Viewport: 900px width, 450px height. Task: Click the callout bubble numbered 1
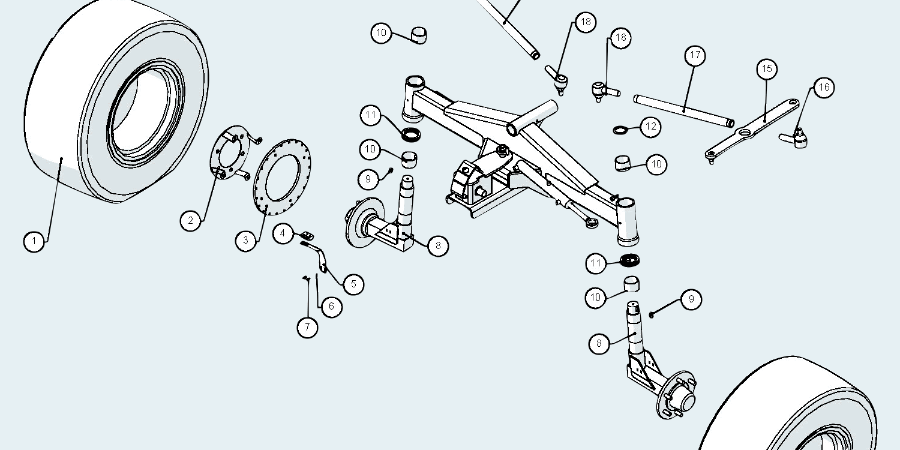point(34,242)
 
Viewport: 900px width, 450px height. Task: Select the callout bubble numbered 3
point(246,241)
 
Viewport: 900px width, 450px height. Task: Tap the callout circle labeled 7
point(307,327)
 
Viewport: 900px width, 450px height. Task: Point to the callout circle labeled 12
point(650,127)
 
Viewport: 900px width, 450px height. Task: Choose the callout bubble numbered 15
point(766,69)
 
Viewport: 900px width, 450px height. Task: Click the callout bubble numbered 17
point(695,56)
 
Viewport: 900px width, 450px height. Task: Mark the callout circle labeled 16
point(824,88)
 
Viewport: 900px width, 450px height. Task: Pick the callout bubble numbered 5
point(353,284)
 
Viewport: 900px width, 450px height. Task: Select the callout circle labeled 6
point(331,307)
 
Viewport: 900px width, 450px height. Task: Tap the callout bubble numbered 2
point(191,220)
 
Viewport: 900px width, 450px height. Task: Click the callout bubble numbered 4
point(284,233)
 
